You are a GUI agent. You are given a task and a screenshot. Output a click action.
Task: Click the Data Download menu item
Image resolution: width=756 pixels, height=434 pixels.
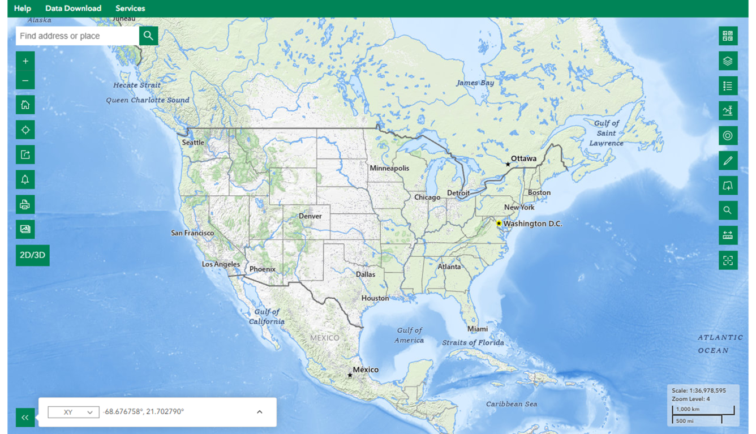click(73, 8)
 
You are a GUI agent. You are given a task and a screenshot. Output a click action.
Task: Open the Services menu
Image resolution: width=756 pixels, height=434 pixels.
click(130, 8)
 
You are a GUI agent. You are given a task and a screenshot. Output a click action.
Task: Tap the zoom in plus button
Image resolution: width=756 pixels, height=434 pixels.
click(25, 61)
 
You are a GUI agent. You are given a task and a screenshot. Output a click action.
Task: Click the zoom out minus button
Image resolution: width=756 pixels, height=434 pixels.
click(25, 80)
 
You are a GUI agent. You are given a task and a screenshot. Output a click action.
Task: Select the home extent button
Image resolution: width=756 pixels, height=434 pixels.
click(25, 105)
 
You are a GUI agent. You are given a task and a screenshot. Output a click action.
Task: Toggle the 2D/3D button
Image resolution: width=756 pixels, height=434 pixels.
click(33, 255)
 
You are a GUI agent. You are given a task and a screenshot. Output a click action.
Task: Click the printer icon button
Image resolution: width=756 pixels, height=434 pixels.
click(25, 205)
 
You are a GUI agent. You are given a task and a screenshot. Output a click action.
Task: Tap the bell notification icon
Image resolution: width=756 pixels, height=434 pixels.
click(25, 180)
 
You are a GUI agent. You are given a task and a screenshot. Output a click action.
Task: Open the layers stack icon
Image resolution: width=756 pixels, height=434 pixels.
click(728, 61)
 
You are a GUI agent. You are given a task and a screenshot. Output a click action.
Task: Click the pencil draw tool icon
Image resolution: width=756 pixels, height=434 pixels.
click(728, 161)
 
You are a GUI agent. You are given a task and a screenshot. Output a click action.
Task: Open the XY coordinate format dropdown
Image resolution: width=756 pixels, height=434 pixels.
click(74, 412)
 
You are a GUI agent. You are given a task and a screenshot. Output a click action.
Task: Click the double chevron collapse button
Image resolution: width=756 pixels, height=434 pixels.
click(25, 418)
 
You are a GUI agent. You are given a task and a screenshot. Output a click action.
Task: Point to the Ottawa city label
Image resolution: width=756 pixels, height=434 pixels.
click(523, 158)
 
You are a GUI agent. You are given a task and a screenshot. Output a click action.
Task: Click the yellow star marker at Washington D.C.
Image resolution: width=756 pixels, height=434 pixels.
click(499, 224)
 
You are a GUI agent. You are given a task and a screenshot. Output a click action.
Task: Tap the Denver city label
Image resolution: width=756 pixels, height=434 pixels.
click(310, 216)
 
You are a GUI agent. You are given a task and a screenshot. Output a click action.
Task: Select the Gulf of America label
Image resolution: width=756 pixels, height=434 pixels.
click(410, 335)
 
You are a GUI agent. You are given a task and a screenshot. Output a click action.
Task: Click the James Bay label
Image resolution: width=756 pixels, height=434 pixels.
click(475, 83)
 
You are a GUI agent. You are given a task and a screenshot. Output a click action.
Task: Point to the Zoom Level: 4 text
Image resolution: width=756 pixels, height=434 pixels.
click(691, 399)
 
